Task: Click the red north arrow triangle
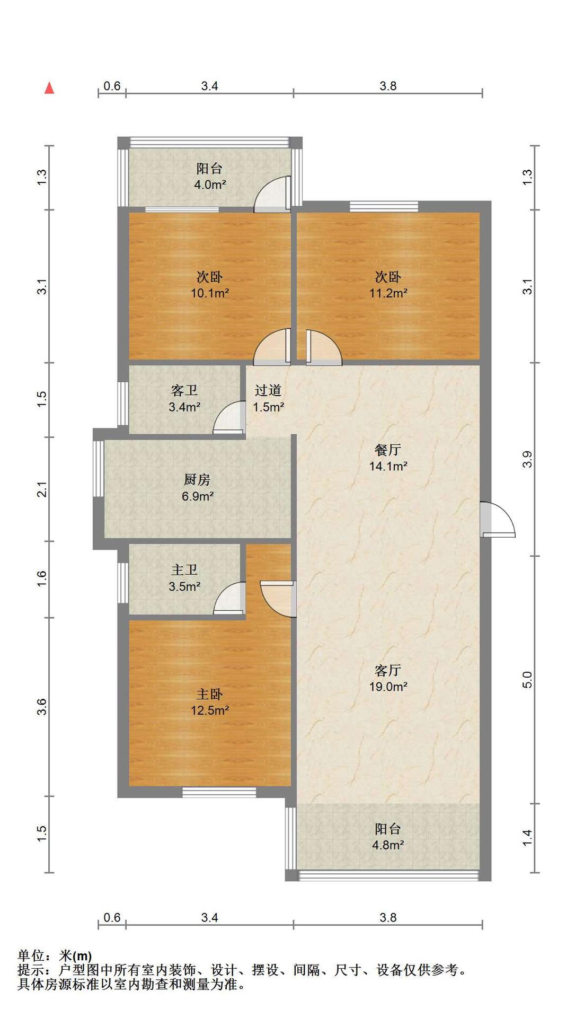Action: coord(49,88)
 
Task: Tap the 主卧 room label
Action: coord(210,694)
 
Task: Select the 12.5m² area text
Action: coord(210,710)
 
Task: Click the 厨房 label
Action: coord(197,480)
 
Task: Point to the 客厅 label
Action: coord(388,670)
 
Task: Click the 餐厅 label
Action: coord(388,450)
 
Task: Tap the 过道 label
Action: coord(268,390)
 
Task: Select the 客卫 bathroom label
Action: coord(184,391)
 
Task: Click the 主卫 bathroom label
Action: coord(184,570)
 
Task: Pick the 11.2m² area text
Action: coord(388,293)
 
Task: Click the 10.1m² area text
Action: coord(210,293)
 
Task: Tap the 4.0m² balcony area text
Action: coord(210,185)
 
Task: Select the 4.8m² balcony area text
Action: coord(388,845)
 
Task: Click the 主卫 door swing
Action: coord(229,598)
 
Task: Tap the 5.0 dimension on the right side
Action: coord(527,679)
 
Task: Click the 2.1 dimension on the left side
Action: coord(42,489)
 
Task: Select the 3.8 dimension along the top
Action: coord(388,86)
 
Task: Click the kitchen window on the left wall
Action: coord(99,469)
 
